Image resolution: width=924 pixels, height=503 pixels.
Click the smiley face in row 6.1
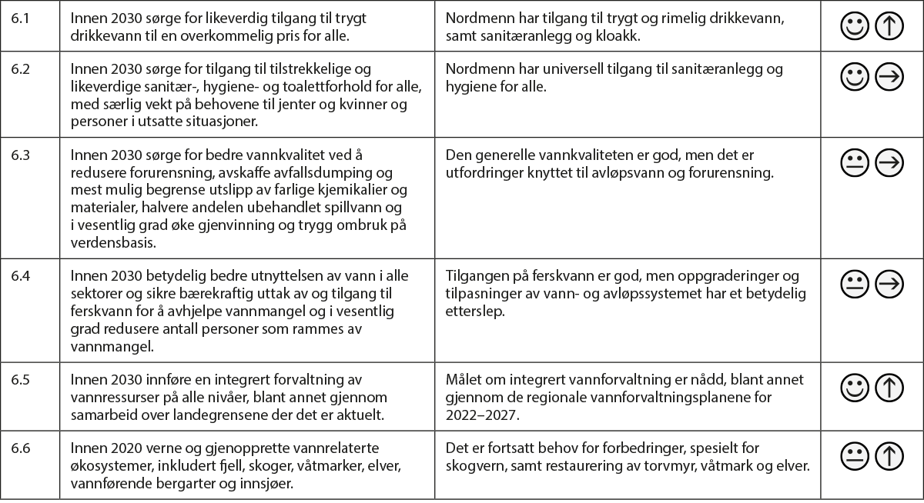(854, 27)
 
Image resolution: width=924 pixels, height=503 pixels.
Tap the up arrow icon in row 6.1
(889, 27)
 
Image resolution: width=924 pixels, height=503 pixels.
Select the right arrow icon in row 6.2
(889, 76)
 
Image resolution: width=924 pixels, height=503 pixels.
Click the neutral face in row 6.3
(854, 162)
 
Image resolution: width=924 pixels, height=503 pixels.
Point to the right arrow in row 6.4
(889, 283)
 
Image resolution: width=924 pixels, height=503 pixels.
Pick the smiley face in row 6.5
(854, 387)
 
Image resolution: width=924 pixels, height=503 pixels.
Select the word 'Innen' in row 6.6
(87, 448)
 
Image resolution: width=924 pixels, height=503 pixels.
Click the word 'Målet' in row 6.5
(464, 380)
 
